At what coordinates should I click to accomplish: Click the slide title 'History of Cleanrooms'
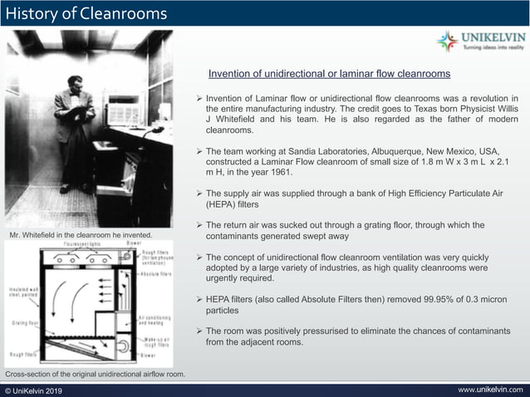(86, 14)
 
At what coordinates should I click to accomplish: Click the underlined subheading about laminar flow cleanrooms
(329, 74)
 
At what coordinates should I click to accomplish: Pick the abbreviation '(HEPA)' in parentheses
(221, 203)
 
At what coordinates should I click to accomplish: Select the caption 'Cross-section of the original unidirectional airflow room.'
(95, 375)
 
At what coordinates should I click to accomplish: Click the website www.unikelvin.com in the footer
(491, 390)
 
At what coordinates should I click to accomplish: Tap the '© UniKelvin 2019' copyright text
(34, 390)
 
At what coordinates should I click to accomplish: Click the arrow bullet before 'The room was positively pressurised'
(199, 331)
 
